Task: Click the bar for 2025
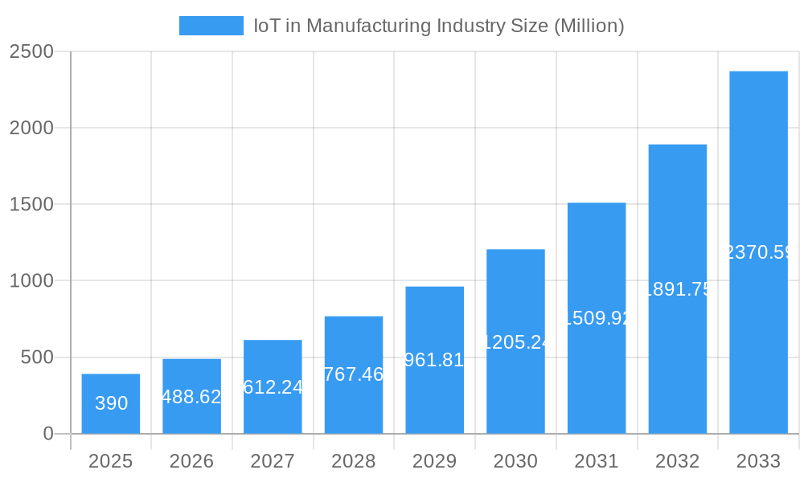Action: coord(111,403)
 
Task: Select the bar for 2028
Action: coord(354,374)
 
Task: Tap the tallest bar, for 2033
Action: coord(758,252)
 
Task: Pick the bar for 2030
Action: coord(515,341)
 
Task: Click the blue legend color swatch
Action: coord(211,26)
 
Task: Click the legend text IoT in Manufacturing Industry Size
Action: coord(439,26)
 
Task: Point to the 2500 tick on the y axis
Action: coord(31,51)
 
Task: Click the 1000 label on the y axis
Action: coord(31,281)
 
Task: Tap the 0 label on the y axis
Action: coord(47,434)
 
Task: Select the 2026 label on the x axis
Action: coord(191,461)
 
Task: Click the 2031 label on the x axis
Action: coord(597,461)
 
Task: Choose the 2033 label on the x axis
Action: coord(758,461)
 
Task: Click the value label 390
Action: coord(111,403)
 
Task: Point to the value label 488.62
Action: coord(191,397)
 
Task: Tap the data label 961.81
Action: coord(434,360)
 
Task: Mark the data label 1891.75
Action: coord(677,289)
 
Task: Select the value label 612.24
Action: coord(273,387)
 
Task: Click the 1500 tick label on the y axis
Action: coord(31,205)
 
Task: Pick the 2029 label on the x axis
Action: coord(434,461)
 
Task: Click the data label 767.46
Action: coord(354,374)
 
